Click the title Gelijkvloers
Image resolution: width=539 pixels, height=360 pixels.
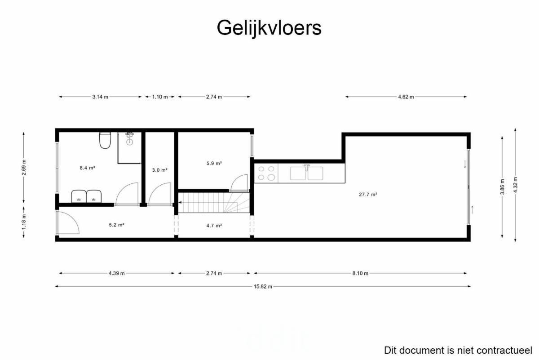(x=269, y=28)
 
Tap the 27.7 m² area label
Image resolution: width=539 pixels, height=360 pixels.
(x=368, y=194)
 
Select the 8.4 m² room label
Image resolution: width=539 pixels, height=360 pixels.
(x=87, y=168)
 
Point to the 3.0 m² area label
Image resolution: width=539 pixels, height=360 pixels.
(x=159, y=170)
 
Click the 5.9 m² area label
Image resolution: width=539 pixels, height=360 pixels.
(x=214, y=163)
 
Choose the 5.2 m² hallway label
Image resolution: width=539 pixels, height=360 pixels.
(x=116, y=225)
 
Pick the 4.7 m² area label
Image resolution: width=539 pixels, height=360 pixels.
(x=214, y=226)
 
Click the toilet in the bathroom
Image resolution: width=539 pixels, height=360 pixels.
(x=105, y=140)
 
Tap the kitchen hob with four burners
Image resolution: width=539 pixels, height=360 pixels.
(x=266, y=173)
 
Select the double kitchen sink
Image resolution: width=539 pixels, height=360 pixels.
(x=306, y=173)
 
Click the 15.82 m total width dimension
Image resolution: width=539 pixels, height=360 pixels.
(x=263, y=287)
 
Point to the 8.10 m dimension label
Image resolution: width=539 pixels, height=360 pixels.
(x=360, y=273)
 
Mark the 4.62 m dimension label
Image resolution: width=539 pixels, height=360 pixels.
(x=406, y=97)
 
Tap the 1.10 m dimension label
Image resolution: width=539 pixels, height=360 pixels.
(x=160, y=97)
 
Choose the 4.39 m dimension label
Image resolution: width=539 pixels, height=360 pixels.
(x=117, y=273)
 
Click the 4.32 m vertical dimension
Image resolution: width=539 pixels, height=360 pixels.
(x=515, y=185)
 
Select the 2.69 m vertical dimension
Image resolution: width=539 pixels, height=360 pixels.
(x=24, y=168)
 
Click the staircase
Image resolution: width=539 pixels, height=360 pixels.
(x=214, y=203)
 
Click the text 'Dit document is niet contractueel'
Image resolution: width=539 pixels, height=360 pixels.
(x=458, y=351)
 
